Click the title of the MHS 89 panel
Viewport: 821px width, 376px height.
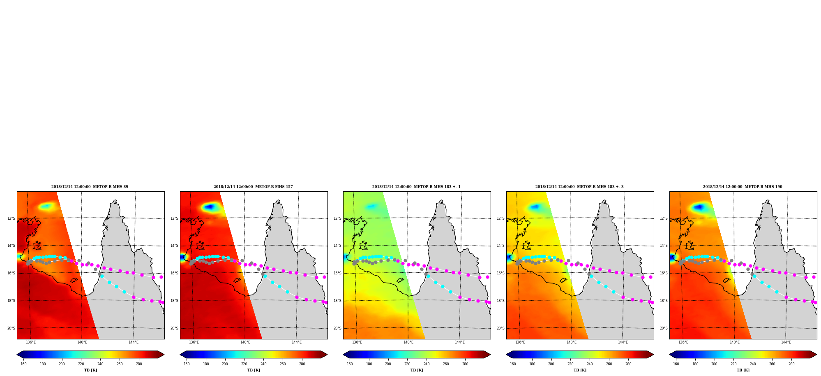click(90, 187)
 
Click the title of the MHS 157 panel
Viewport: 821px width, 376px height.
click(253, 187)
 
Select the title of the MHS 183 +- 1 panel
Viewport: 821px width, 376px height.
click(416, 187)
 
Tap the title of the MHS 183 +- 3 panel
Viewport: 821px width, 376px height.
click(579, 187)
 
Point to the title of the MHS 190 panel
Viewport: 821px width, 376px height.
click(743, 187)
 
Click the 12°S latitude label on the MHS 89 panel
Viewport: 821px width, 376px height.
click(11, 218)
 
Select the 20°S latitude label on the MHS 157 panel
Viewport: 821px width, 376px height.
click(174, 328)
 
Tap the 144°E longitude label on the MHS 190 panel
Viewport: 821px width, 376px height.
click(786, 342)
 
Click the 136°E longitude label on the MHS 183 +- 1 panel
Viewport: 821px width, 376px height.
click(357, 342)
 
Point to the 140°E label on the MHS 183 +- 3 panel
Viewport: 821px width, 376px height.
click(571, 342)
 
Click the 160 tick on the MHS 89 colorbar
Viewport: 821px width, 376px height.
click(23, 364)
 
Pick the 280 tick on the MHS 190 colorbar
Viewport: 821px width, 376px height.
click(791, 364)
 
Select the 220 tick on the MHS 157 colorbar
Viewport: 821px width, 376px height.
click(244, 364)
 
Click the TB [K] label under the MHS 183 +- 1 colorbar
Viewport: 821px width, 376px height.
click(417, 370)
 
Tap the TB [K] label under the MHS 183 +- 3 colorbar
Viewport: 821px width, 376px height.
click(580, 370)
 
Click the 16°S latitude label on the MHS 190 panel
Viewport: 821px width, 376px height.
click(664, 273)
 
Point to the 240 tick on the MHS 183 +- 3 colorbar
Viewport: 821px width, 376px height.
click(590, 364)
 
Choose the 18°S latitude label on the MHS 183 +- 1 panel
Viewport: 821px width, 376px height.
click(337, 301)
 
